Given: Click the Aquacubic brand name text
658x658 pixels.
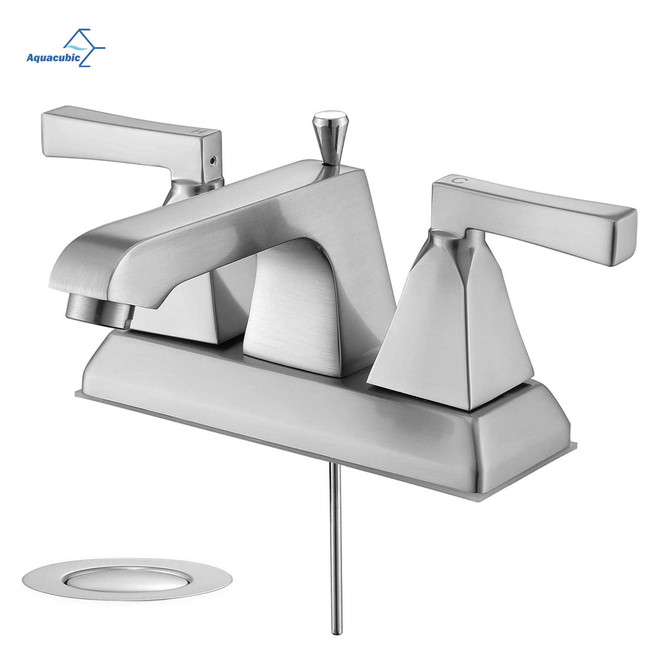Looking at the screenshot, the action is [x=53, y=57].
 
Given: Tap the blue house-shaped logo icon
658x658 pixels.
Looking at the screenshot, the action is [x=84, y=48].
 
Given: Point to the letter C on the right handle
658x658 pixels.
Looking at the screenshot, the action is [x=458, y=180].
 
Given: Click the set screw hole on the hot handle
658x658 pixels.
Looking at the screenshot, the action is [x=213, y=159].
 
